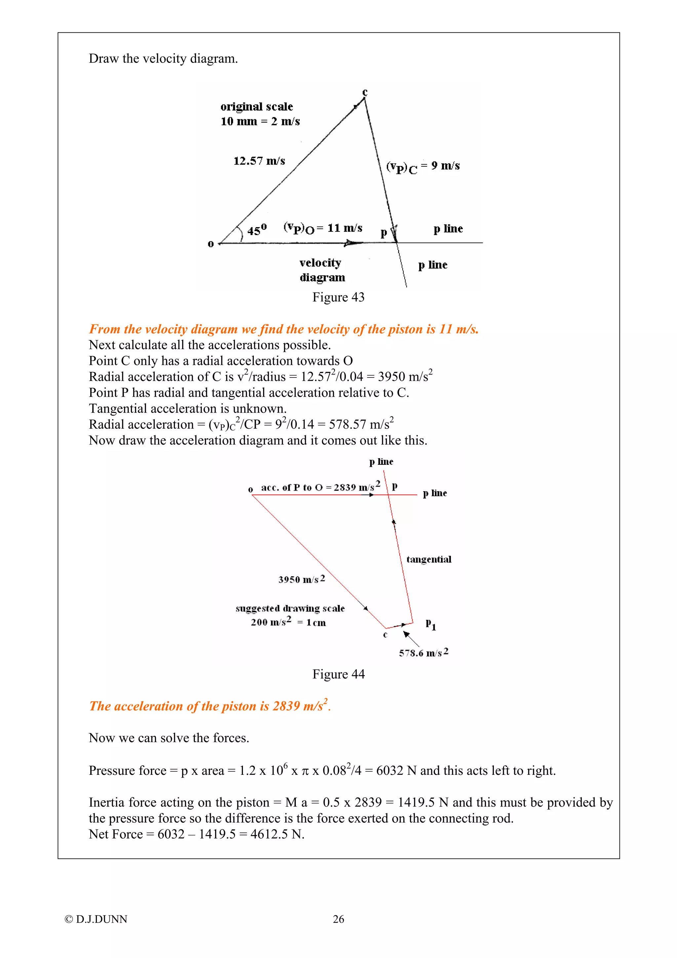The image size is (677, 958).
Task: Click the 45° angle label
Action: point(257,230)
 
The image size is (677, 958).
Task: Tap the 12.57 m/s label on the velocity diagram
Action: point(259,161)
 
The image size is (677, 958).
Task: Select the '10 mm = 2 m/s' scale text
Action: point(260,121)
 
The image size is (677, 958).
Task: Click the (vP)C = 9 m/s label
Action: point(422,167)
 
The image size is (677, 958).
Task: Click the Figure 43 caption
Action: point(338,297)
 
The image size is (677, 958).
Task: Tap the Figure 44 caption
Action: point(338,674)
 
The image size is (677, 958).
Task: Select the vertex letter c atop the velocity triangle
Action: point(365,92)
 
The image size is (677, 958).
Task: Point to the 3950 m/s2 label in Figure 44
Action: point(301,579)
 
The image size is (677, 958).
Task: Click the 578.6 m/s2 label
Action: point(423,653)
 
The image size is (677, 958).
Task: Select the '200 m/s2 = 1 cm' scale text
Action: point(288,622)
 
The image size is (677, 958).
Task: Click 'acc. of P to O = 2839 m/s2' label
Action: point(320,487)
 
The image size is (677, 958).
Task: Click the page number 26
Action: point(338,919)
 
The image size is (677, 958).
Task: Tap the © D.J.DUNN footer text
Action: point(96,919)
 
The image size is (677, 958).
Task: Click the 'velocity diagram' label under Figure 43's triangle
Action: point(322,270)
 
